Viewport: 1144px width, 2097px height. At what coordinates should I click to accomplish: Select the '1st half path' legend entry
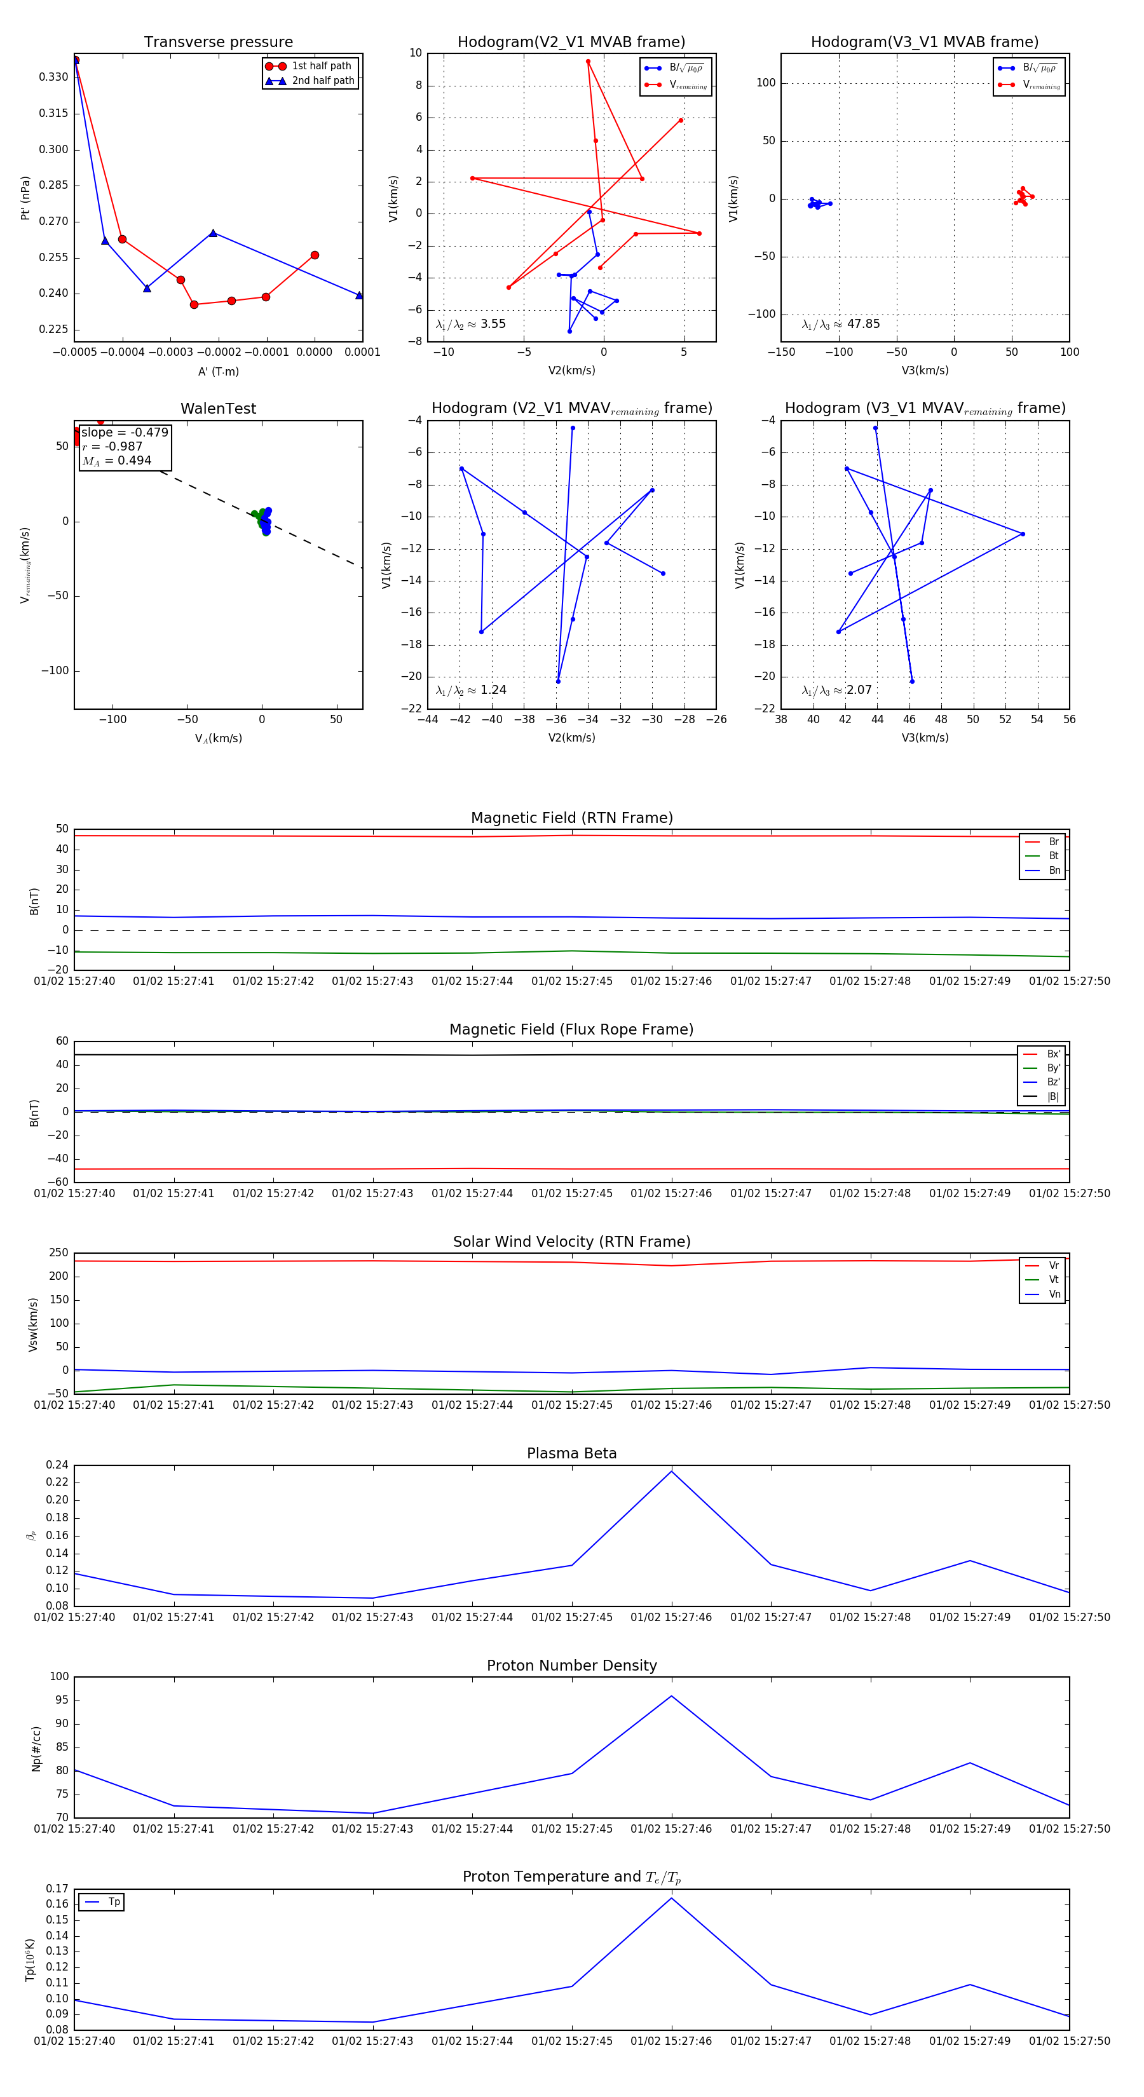[x=321, y=66]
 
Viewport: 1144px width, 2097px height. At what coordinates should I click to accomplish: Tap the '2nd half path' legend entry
[x=322, y=81]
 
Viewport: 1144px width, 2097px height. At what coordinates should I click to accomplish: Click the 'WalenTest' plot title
[x=218, y=409]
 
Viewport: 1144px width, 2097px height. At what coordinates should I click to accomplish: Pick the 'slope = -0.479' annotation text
[x=125, y=432]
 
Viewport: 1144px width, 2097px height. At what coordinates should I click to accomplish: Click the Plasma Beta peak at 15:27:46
[x=671, y=1471]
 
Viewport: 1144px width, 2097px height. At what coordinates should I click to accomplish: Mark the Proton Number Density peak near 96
[x=671, y=1695]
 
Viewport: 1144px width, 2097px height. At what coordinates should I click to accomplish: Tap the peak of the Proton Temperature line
[x=671, y=1898]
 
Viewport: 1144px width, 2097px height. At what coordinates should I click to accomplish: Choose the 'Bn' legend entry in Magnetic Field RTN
[x=1054, y=870]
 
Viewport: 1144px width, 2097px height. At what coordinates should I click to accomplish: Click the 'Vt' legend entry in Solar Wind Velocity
[x=1054, y=1280]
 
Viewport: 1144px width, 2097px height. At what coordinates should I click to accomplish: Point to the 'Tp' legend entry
[x=113, y=1902]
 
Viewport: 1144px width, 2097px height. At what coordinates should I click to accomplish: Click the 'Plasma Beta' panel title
[x=571, y=1453]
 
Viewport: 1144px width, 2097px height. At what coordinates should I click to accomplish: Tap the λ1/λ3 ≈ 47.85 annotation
[x=840, y=324]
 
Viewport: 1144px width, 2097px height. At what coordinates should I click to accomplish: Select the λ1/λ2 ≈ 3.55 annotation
[x=470, y=324]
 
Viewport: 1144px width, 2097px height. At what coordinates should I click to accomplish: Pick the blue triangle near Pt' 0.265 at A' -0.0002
[x=214, y=233]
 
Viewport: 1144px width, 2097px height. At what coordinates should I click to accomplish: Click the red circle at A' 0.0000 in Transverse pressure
[x=315, y=255]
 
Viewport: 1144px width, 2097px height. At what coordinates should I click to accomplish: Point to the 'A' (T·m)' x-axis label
[x=218, y=371]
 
